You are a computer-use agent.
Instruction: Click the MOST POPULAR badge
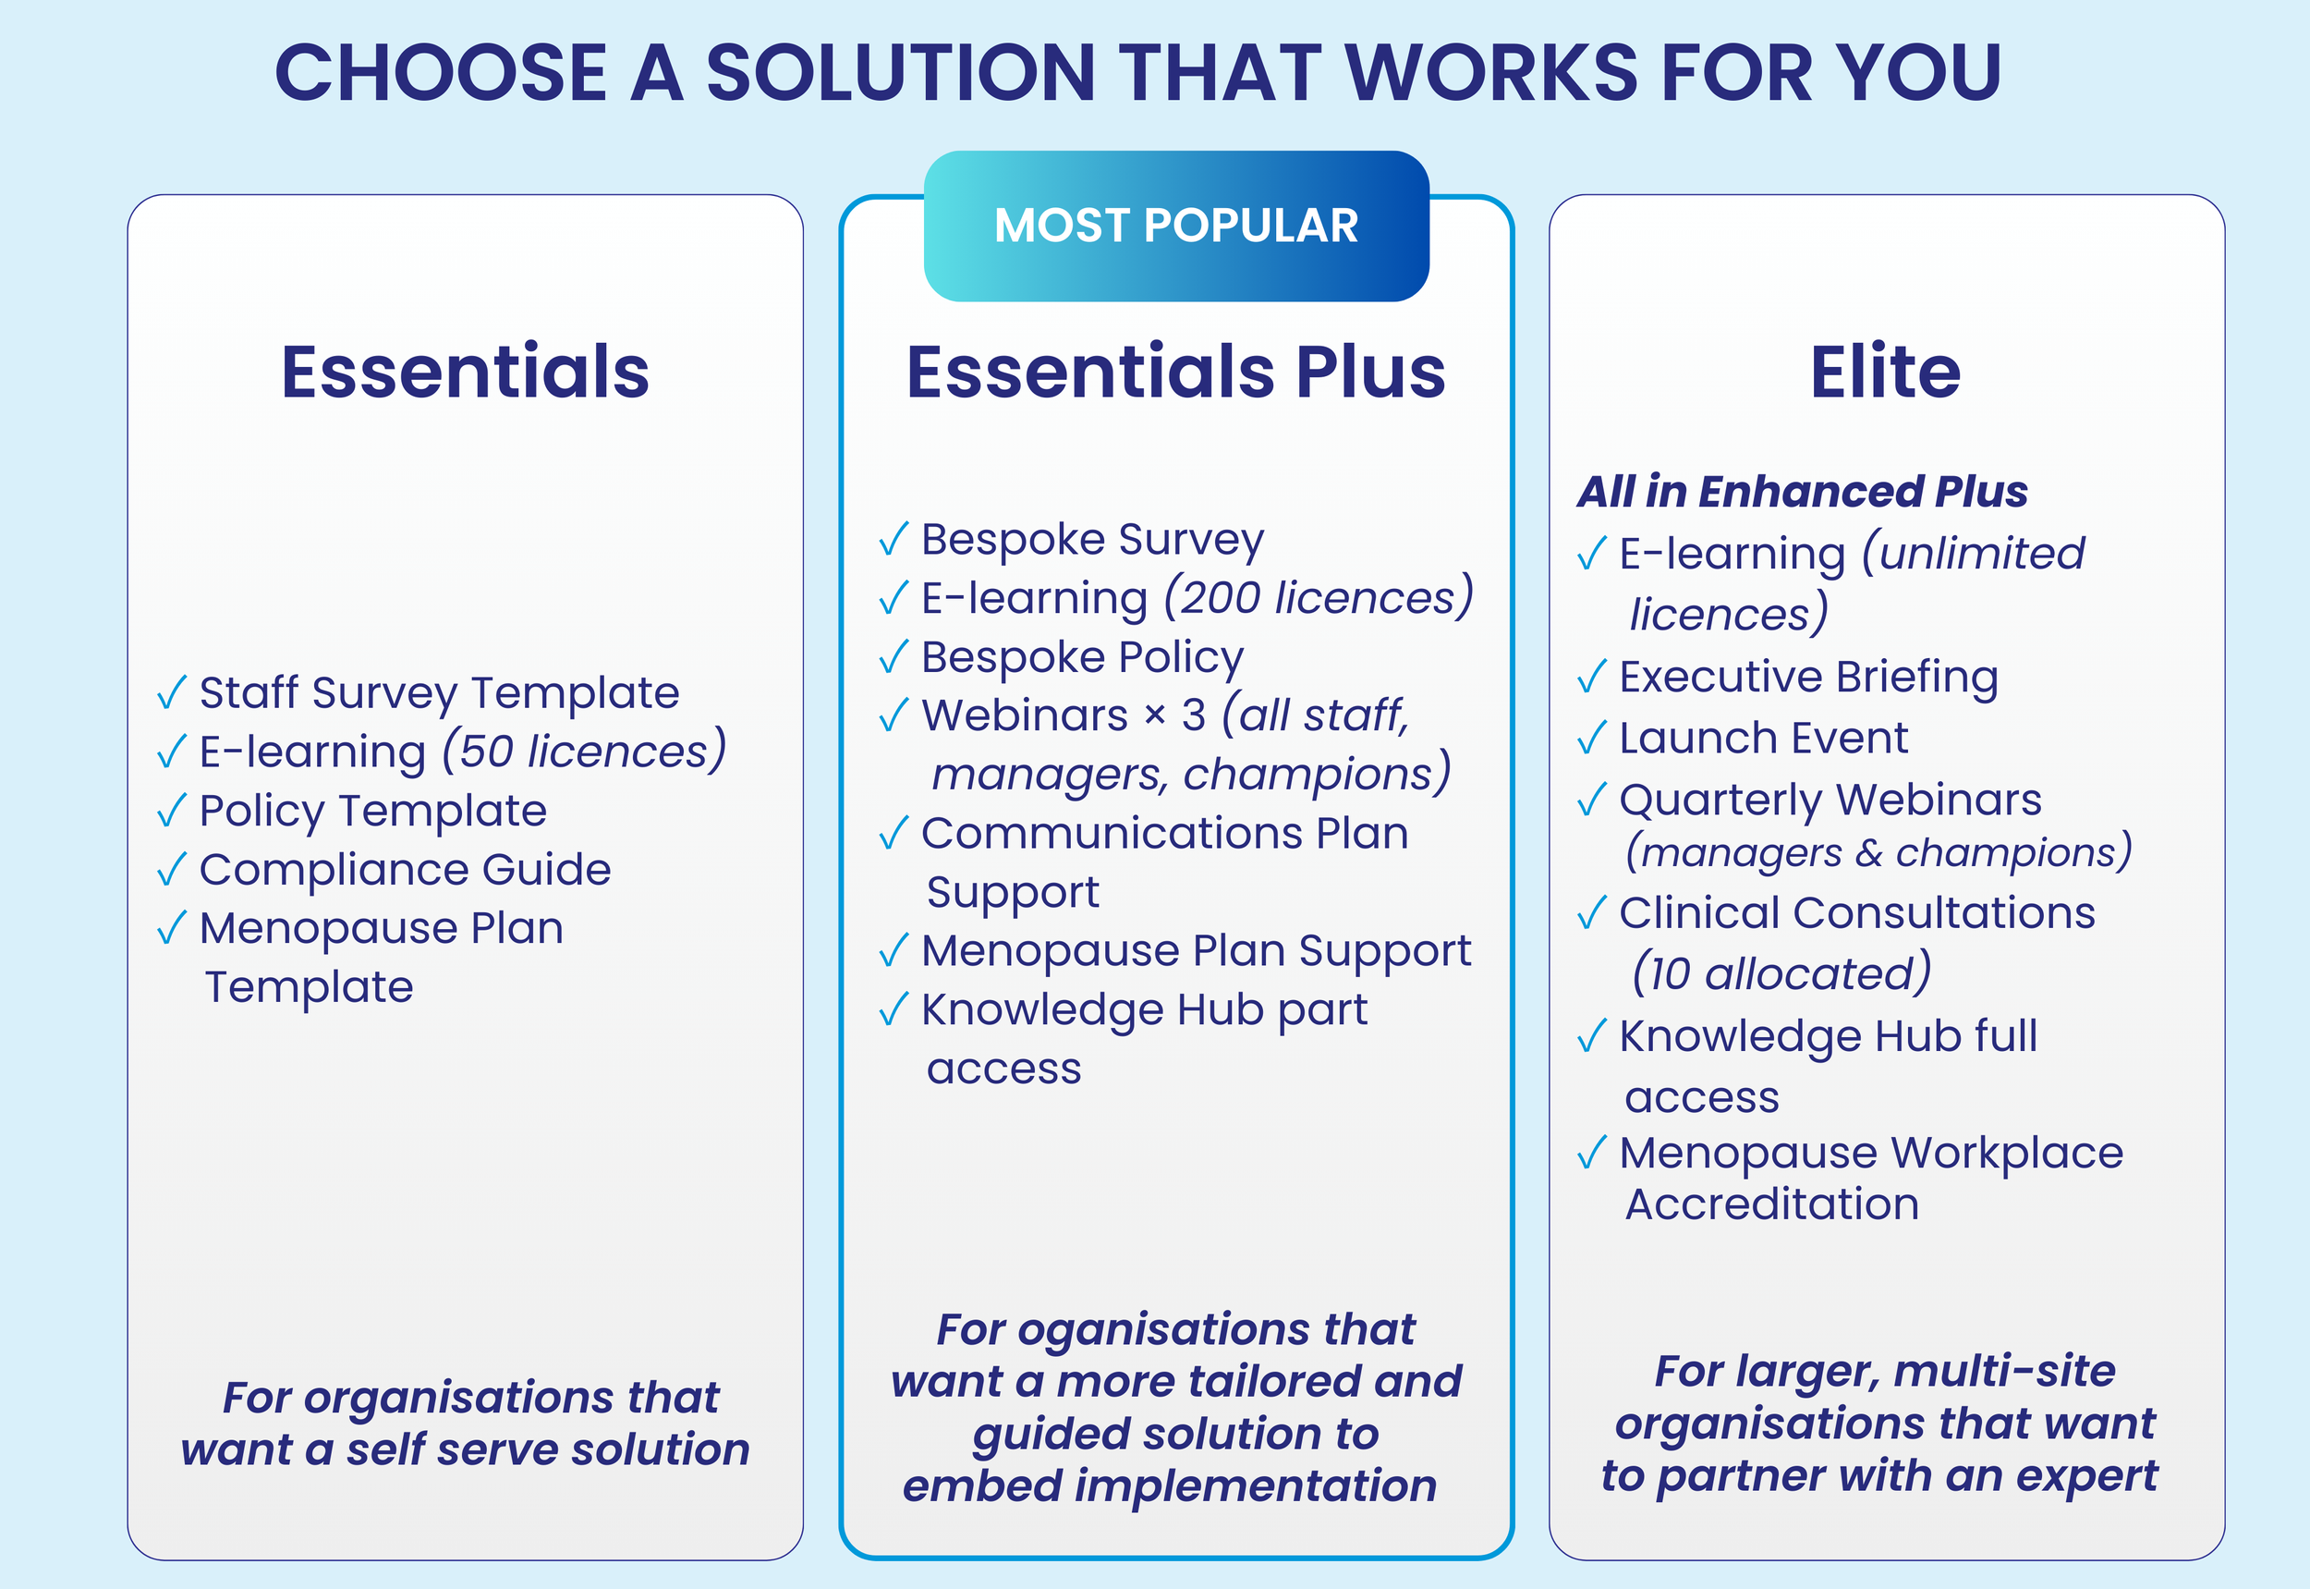[x=1175, y=226]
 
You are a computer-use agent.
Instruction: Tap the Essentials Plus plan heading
[x=1175, y=373]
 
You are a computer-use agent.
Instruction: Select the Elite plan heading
[x=1885, y=373]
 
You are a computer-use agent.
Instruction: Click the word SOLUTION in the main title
[x=900, y=73]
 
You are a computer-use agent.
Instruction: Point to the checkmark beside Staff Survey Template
[x=171, y=693]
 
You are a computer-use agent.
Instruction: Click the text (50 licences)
[x=584, y=752]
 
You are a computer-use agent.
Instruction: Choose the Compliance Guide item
[x=404, y=869]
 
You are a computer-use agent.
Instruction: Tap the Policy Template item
[x=372, y=811]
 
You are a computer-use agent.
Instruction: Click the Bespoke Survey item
[x=1092, y=540]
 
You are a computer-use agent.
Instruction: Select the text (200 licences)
[x=1319, y=598]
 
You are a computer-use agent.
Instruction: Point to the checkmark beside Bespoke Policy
[x=893, y=657]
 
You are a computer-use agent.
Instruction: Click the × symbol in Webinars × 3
[x=1153, y=715]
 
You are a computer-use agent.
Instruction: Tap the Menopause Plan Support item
[x=1196, y=951]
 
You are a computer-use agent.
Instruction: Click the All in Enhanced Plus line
[x=1803, y=492]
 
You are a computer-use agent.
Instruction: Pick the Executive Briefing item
[x=1808, y=677]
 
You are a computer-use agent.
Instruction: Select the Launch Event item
[x=1763, y=739]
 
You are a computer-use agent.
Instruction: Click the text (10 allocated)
[x=1781, y=973]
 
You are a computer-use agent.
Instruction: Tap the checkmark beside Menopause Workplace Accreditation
[x=1591, y=1154]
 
